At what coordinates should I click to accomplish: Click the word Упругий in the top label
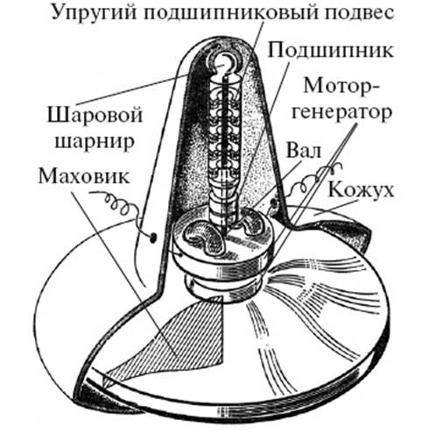tap(94, 13)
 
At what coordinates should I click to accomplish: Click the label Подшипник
tap(330, 50)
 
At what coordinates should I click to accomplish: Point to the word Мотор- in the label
tap(341, 85)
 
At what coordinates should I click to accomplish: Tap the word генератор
tap(342, 113)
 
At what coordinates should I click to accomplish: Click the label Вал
tap(304, 151)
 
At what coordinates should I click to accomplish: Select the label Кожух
tap(361, 189)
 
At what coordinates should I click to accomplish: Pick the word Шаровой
tap(95, 115)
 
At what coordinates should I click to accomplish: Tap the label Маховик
tap(84, 176)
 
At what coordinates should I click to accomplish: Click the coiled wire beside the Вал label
tap(313, 178)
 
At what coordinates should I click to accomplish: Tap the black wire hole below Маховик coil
tap(152, 238)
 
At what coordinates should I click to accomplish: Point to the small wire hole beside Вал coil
tap(273, 203)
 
